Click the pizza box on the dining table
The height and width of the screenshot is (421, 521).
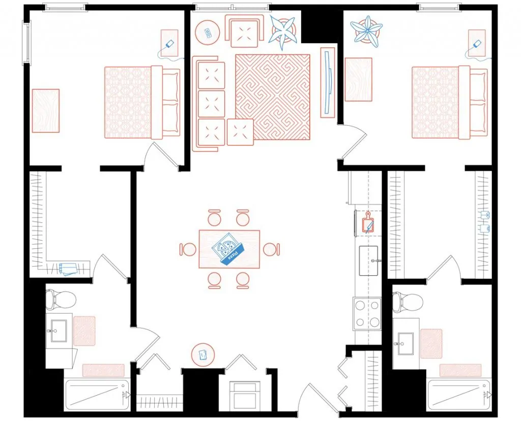click(227, 249)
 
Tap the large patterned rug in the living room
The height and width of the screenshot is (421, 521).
click(273, 96)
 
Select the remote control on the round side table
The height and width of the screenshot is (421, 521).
click(208, 32)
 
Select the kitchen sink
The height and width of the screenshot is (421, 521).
click(369, 260)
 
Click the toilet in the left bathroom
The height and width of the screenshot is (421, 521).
click(53, 300)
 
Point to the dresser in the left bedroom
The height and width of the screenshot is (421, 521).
click(45, 111)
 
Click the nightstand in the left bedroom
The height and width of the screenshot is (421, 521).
click(170, 43)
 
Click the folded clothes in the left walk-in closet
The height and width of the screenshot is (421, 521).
click(67, 268)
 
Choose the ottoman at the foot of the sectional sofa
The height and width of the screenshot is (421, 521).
click(240, 131)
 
